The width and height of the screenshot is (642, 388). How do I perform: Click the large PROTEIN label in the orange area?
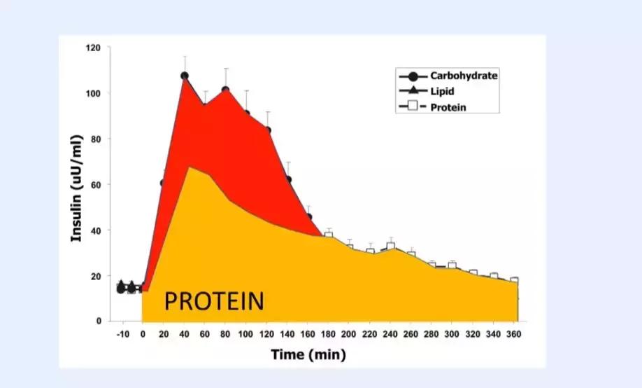click(x=214, y=301)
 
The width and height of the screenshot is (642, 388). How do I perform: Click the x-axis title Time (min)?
click(x=308, y=354)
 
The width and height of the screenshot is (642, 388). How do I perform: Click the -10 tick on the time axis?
click(x=124, y=334)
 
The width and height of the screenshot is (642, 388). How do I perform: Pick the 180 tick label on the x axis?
click(x=329, y=334)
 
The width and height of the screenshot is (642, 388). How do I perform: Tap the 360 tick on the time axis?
click(x=514, y=334)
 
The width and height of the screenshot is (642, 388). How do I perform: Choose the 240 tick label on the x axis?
click(x=391, y=334)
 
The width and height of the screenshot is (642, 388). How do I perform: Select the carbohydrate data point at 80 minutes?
click(x=226, y=90)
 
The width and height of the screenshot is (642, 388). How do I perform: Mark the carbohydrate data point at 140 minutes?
click(x=288, y=179)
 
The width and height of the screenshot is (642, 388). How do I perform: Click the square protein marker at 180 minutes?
click(x=329, y=235)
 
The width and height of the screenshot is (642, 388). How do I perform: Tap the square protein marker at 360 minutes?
click(x=514, y=281)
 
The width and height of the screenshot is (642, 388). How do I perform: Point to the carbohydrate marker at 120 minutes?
click(x=267, y=130)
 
